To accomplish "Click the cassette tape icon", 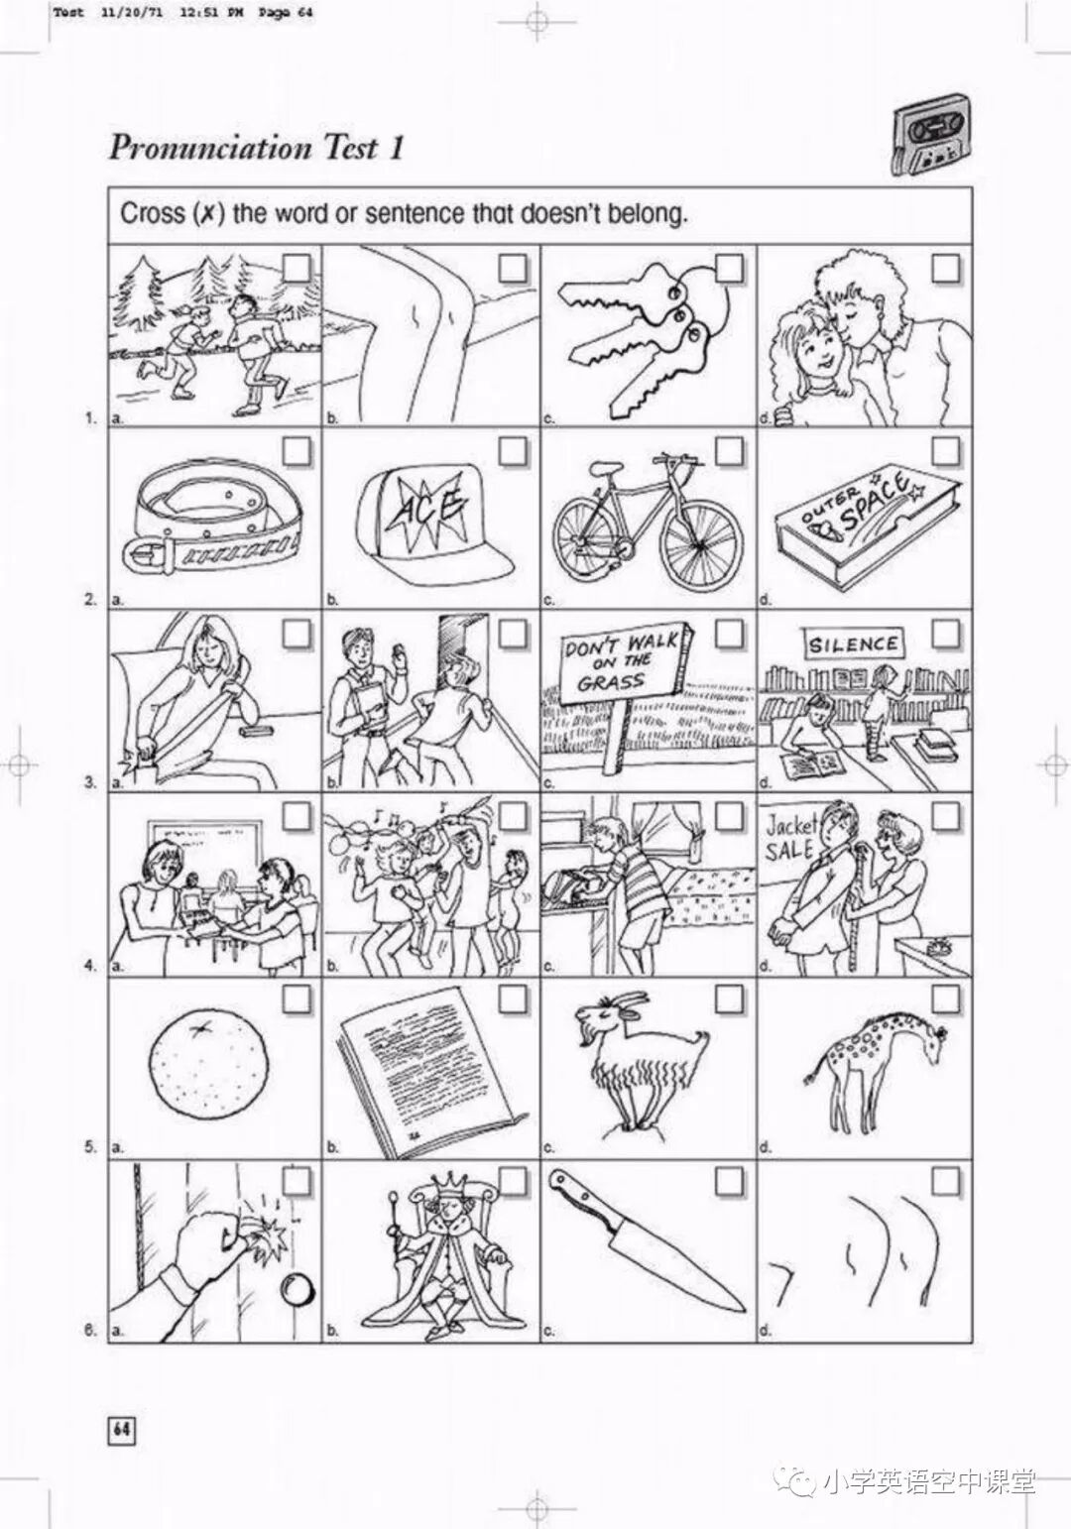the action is pyautogui.click(x=931, y=137).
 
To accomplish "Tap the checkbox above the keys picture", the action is pyautogui.click(x=728, y=267).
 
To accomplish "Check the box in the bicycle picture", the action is pyautogui.click(x=728, y=451).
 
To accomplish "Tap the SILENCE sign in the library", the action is pyautogui.click(x=853, y=645).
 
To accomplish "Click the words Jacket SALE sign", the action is pyautogui.click(x=790, y=838).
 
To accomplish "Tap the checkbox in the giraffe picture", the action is pyautogui.click(x=945, y=1000).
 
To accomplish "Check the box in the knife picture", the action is pyautogui.click(x=728, y=1182).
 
